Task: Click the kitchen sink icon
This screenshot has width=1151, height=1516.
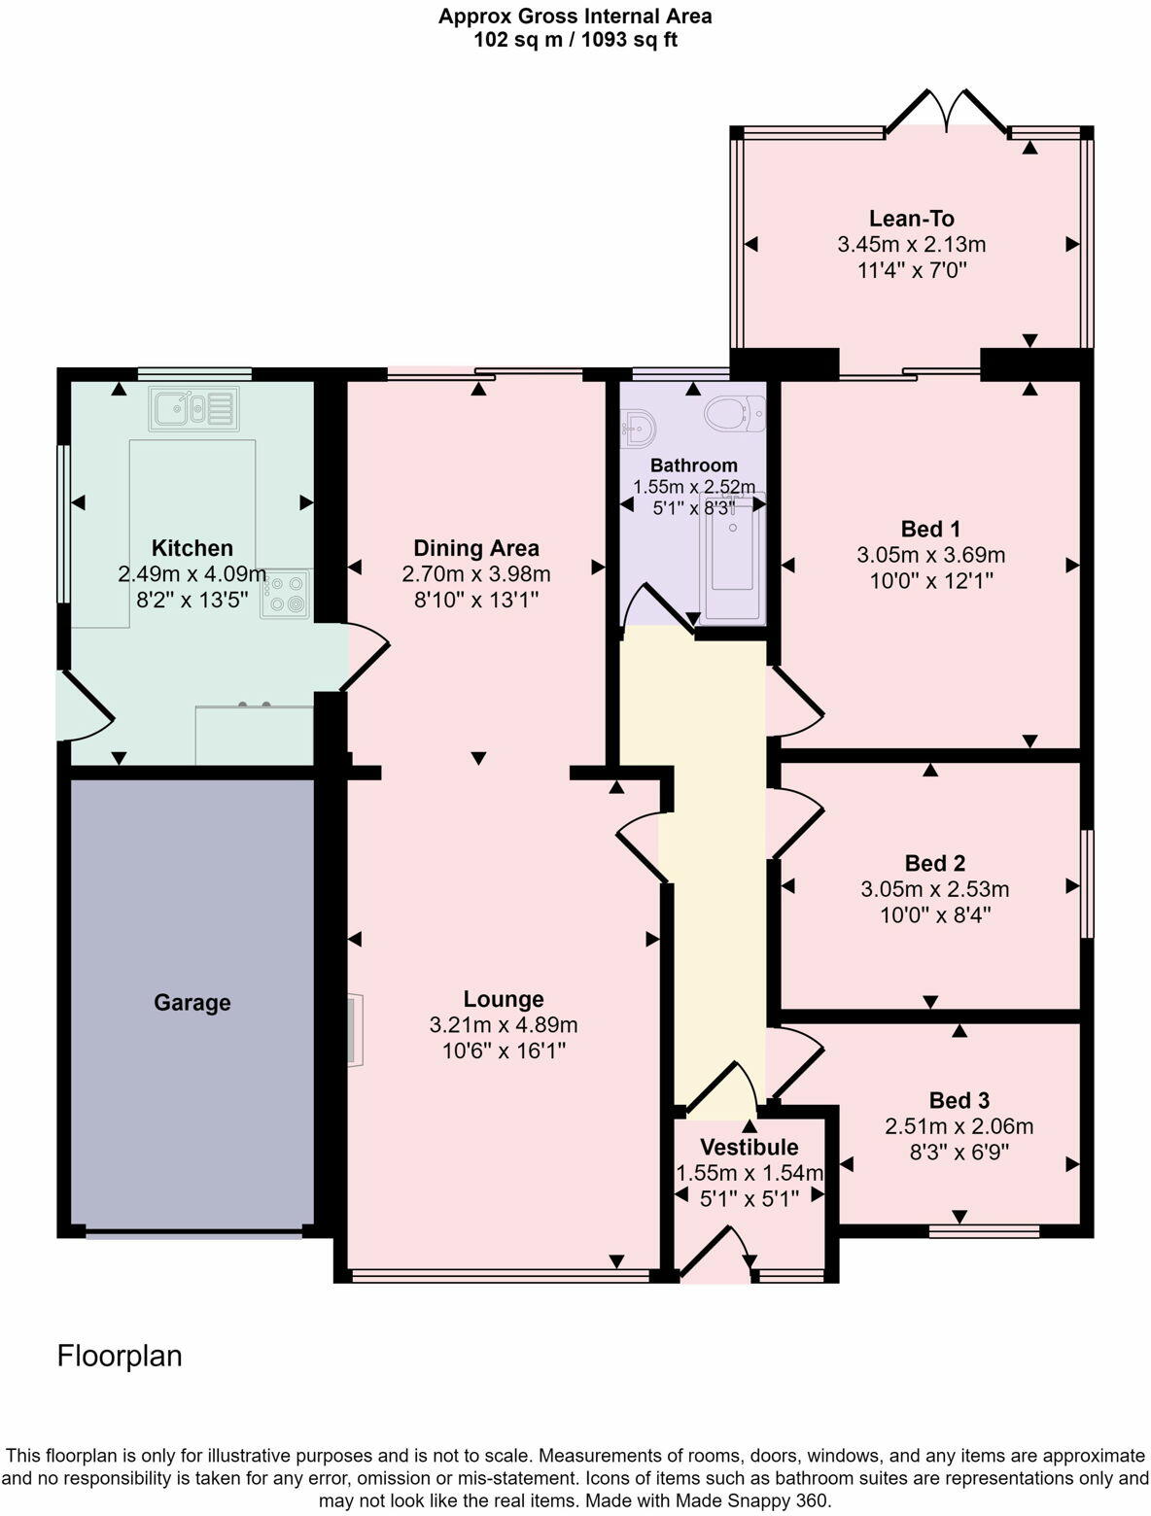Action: [x=192, y=408]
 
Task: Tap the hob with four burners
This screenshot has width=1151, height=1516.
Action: [x=285, y=594]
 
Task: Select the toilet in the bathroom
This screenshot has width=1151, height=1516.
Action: [x=735, y=414]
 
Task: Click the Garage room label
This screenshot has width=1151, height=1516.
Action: [x=192, y=1002]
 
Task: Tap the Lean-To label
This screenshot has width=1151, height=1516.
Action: [x=911, y=219]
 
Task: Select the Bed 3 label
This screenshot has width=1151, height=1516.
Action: [x=959, y=1100]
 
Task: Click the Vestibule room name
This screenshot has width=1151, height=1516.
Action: [x=749, y=1147]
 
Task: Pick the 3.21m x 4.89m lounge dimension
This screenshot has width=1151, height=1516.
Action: [x=504, y=1024]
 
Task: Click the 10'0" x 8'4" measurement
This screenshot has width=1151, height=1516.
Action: [x=930, y=914]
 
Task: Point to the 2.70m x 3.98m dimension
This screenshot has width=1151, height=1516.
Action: [x=476, y=573]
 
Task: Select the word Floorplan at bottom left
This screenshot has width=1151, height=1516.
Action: [x=120, y=1356]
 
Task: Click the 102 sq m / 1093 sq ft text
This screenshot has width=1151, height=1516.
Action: [x=575, y=40]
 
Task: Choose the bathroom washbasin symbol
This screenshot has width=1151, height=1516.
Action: [x=638, y=426]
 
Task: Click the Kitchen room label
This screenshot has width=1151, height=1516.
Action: [x=192, y=548]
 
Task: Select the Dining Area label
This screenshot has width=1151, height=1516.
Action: [x=476, y=548]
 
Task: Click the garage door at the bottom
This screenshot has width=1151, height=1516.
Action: [x=193, y=1235]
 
